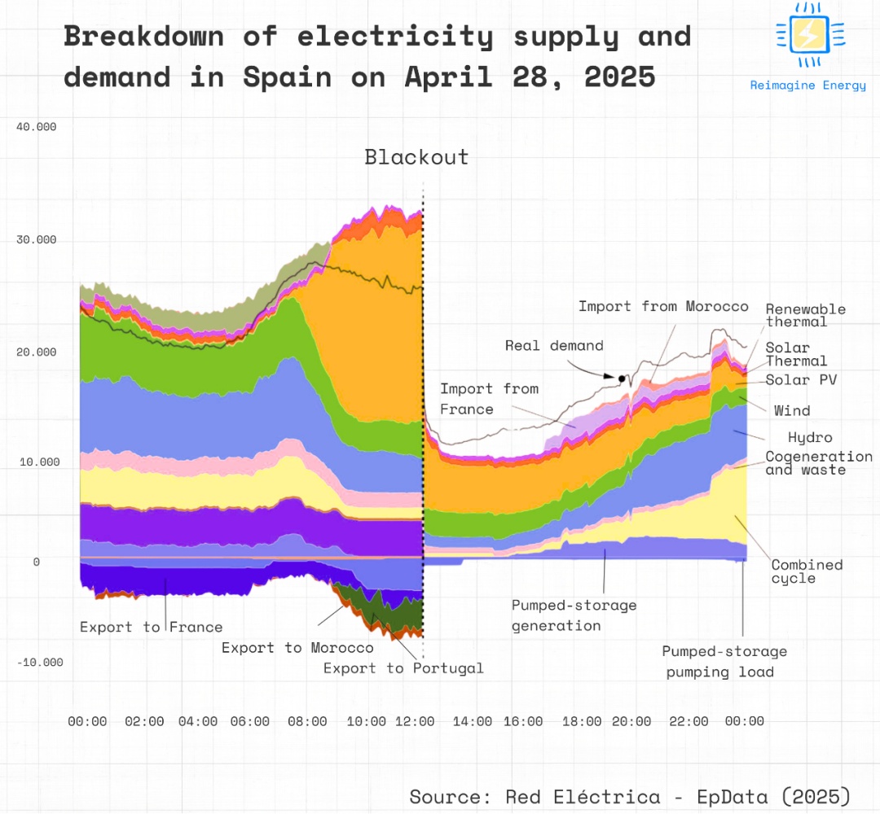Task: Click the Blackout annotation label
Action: tap(416, 157)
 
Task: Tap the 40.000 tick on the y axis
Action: tap(37, 127)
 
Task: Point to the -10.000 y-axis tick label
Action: tap(40, 662)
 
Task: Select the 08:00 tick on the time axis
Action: tap(307, 721)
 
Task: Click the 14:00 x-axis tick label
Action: tap(473, 721)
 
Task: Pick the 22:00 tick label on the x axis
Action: tap(689, 721)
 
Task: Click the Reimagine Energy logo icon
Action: tap(810, 34)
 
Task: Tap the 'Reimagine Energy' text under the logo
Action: tap(808, 85)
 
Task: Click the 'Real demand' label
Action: tap(554, 345)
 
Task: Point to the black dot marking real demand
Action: tap(622, 379)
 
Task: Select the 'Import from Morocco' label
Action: tap(663, 306)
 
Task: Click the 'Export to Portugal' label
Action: tap(403, 668)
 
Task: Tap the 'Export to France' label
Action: tap(151, 627)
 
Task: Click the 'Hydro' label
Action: tap(810, 438)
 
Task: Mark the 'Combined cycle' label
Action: tap(807, 571)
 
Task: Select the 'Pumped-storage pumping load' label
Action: tap(724, 662)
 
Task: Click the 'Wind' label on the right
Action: tap(792, 410)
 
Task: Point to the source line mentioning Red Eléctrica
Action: tap(630, 795)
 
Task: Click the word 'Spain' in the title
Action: tap(287, 77)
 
